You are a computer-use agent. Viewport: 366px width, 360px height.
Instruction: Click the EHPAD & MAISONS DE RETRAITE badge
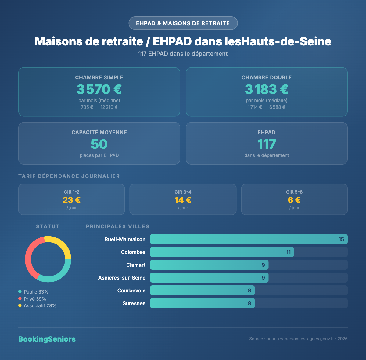click(x=183, y=23)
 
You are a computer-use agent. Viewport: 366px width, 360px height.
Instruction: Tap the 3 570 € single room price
click(x=99, y=89)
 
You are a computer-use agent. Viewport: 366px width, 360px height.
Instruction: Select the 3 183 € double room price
click(x=267, y=89)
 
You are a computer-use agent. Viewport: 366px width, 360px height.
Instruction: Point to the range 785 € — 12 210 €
click(x=99, y=107)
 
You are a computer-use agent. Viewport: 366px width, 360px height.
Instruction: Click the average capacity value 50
click(x=99, y=144)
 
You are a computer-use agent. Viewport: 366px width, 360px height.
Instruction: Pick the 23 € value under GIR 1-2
click(x=71, y=200)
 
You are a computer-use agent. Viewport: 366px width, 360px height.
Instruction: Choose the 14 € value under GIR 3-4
click(x=183, y=200)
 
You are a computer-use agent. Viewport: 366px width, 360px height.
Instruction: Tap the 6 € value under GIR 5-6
click(x=294, y=200)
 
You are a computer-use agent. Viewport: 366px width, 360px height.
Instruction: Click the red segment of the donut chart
click(x=29, y=259)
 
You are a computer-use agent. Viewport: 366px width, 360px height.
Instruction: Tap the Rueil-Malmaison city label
click(x=125, y=239)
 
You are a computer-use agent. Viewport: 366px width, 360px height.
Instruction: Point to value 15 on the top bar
click(x=341, y=239)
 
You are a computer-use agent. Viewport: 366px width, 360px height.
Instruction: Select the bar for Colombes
click(x=222, y=252)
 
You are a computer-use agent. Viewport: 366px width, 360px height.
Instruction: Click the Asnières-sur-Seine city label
click(x=122, y=278)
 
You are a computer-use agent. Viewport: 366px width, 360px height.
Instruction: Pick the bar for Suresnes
click(x=202, y=303)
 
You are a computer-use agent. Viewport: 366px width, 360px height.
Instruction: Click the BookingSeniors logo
click(x=47, y=339)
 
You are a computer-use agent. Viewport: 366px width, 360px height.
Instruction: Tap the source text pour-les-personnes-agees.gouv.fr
click(x=300, y=339)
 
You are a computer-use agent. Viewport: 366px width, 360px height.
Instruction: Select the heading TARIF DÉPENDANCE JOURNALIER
click(x=69, y=176)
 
